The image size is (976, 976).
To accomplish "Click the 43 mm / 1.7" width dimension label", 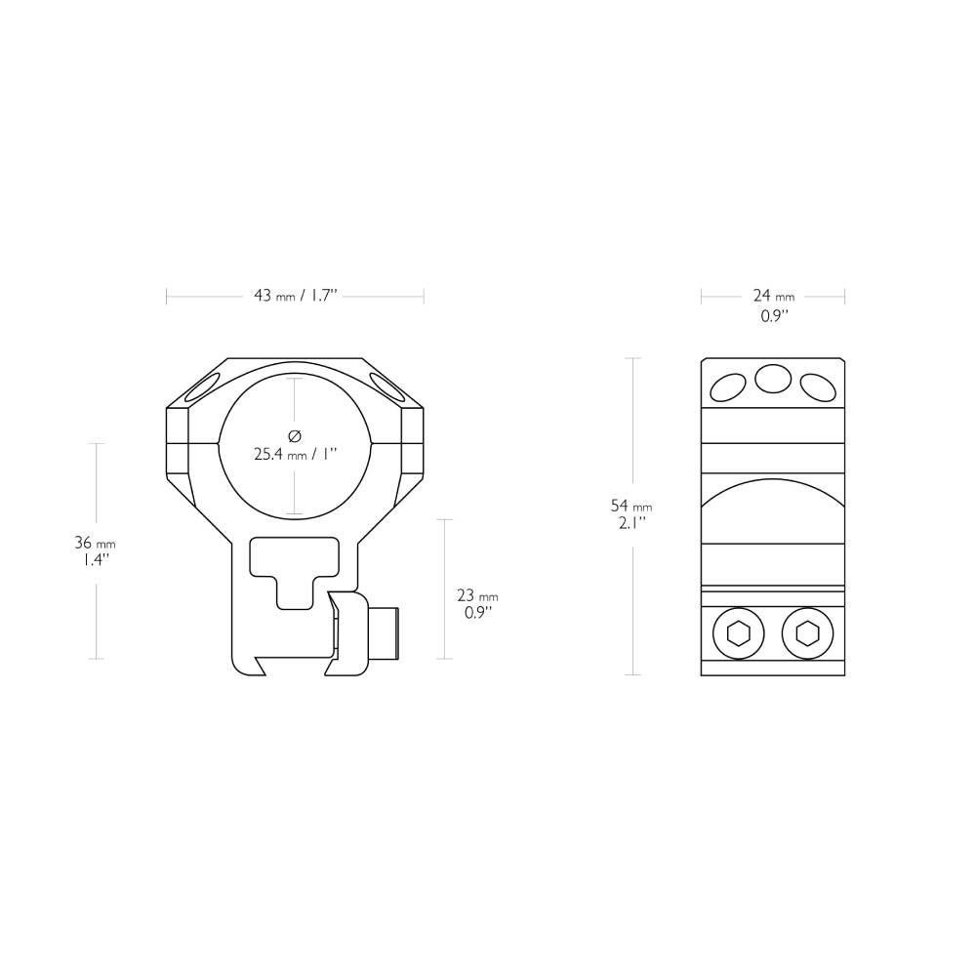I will (295, 296).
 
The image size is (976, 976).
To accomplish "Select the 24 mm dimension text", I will (773, 296).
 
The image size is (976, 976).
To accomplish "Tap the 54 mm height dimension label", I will (630, 507).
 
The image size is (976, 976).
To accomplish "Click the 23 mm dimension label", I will (477, 595).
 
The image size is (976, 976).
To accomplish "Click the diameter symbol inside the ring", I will (295, 435).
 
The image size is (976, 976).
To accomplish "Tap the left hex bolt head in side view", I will (739, 634).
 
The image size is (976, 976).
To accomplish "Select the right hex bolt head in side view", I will (807, 634).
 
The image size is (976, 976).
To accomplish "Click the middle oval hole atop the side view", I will (773, 379).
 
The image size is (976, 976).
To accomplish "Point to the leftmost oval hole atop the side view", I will (728, 387).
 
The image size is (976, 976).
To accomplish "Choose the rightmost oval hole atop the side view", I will (818, 387).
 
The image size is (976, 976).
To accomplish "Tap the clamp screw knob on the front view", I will (388, 631).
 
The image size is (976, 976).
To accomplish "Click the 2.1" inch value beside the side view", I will (630, 523).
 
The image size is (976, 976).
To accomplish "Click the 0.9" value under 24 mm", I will (773, 316).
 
